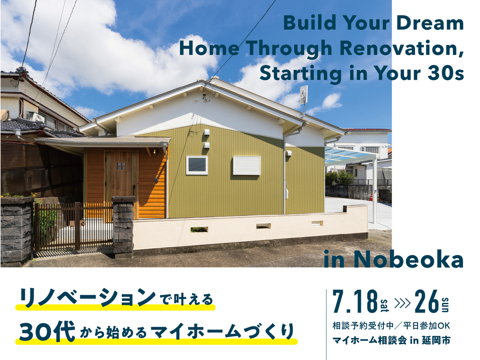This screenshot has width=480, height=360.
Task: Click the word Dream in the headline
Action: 430,22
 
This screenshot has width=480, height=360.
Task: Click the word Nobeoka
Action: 408,260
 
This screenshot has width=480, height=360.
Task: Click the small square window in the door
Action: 121,166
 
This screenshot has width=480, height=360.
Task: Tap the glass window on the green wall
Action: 197,165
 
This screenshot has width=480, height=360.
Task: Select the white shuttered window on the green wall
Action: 247,165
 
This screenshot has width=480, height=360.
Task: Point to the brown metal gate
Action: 74,226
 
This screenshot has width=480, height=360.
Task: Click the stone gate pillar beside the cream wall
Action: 123,226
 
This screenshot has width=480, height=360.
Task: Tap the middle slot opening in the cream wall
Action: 263,226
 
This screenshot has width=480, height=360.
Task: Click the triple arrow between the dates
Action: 402,303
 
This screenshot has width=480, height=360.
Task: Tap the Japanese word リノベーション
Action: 88,297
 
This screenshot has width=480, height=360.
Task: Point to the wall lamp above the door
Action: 155,151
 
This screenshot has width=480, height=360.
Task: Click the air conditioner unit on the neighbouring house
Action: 36,117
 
